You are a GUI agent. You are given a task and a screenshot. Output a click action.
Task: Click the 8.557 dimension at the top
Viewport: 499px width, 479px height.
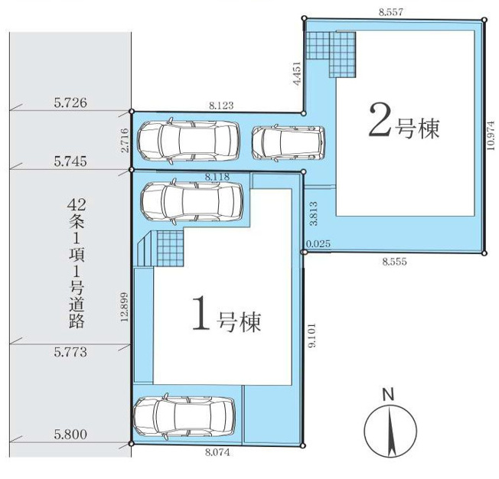pyautogui.click(x=391, y=12)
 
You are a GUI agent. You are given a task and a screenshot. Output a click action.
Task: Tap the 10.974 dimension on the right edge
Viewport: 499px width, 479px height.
pyautogui.click(x=491, y=135)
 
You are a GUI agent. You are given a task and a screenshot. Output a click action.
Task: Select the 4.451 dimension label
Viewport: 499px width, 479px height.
pyautogui.click(x=297, y=73)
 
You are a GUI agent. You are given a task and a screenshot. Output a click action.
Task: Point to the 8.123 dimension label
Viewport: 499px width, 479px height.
pyautogui.click(x=221, y=106)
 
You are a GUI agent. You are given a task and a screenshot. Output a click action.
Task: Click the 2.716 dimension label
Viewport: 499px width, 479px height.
pyautogui.click(x=126, y=140)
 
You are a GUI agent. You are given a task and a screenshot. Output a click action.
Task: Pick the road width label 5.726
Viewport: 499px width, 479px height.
pyautogui.click(x=70, y=103)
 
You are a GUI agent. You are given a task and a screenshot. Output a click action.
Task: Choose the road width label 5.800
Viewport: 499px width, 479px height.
pyautogui.click(x=70, y=434)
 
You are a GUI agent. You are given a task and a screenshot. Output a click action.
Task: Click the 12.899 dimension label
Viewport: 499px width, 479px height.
pyautogui.click(x=124, y=307)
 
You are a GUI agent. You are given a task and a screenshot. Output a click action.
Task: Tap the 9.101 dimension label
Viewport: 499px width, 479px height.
pyautogui.click(x=312, y=335)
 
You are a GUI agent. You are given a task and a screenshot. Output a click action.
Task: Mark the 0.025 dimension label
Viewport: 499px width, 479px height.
pyautogui.click(x=318, y=244)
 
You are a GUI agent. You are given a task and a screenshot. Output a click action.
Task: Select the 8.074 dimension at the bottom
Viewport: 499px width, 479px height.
pyautogui.click(x=217, y=452)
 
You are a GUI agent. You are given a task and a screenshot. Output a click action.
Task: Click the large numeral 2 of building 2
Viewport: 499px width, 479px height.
pyautogui.click(x=380, y=120)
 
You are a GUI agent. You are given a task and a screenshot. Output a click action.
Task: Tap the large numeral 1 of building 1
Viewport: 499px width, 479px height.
pyautogui.click(x=201, y=312)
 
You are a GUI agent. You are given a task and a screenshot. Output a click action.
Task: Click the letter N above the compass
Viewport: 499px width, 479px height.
pyautogui.click(x=388, y=395)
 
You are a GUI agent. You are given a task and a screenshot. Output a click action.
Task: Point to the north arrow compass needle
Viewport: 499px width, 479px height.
pyautogui.click(x=390, y=432)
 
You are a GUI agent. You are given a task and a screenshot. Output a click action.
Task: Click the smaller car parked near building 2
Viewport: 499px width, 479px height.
pyautogui.click(x=288, y=143)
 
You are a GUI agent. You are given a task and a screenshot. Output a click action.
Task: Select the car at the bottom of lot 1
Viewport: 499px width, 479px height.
pyautogui.click(x=184, y=417)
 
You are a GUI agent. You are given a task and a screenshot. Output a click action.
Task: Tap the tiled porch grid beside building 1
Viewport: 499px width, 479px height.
pyautogui.click(x=170, y=248)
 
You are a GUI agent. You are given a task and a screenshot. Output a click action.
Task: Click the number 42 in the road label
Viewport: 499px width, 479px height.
pyautogui.click(x=77, y=205)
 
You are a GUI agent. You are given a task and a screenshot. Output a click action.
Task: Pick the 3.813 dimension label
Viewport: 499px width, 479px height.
pyautogui.click(x=314, y=213)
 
